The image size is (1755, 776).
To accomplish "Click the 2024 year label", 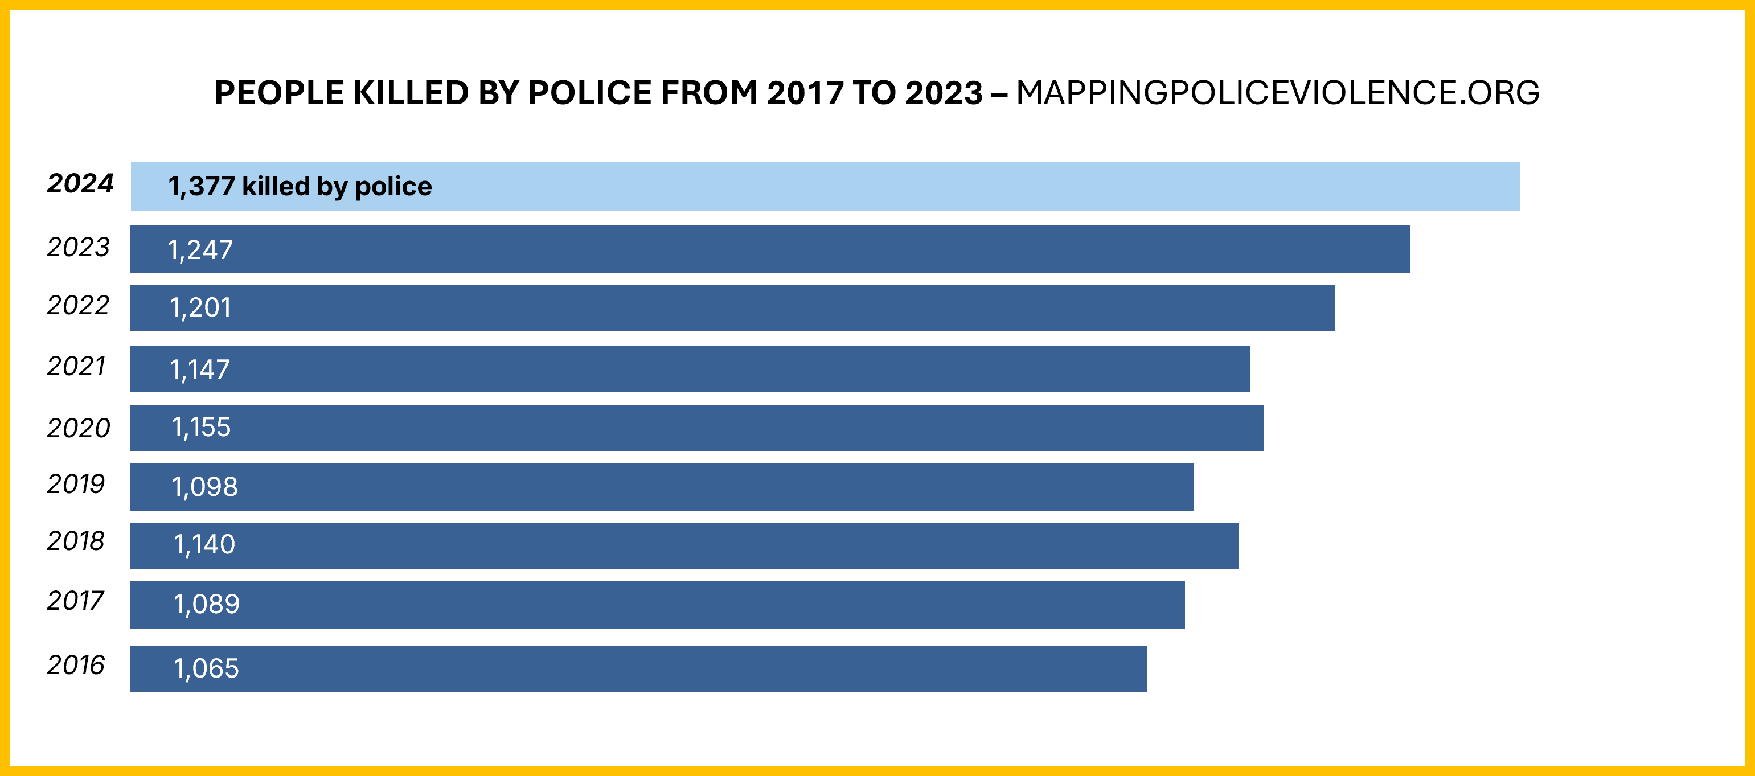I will [x=80, y=183].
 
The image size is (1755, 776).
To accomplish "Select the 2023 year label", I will [x=77, y=247].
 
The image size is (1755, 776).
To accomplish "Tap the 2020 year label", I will [x=77, y=428].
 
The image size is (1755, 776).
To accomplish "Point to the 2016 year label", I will [x=76, y=665].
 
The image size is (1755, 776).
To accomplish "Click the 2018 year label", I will [x=76, y=541].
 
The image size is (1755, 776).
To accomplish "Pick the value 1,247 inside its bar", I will [x=200, y=250].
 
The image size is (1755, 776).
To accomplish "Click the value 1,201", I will [x=200, y=308].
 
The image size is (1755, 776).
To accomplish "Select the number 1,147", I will [x=200, y=369].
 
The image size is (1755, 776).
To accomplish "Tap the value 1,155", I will [x=201, y=427].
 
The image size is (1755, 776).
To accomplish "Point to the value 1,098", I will [x=204, y=486].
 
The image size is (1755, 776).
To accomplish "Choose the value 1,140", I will [x=204, y=544].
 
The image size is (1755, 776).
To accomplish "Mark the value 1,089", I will [x=207, y=603].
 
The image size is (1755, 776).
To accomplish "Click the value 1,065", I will [x=206, y=668].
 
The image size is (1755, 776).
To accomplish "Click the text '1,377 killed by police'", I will [x=300, y=186].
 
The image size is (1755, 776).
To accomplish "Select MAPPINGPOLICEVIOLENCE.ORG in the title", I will [x=1277, y=93].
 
